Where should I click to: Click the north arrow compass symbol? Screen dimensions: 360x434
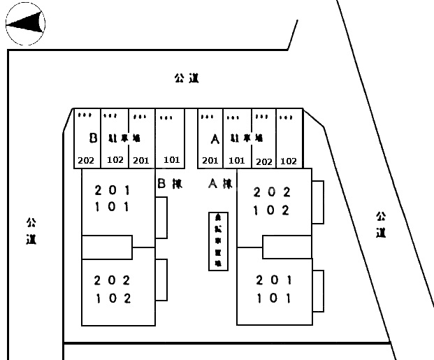tap(26, 27)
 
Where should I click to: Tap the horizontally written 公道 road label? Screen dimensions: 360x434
tap(187, 78)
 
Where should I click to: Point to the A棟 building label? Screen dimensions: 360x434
tap(220, 185)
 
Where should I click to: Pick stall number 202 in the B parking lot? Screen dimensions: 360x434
tap(86, 161)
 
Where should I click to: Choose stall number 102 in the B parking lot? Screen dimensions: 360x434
tap(115, 160)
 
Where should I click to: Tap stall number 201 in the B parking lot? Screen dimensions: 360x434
tap(141, 161)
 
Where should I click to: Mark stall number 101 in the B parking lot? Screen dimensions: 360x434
tap(171, 160)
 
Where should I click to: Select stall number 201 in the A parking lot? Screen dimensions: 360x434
tap(210, 161)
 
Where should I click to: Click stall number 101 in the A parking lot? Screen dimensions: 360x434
tap(237, 161)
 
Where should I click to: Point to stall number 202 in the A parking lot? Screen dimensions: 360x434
tap(263, 161)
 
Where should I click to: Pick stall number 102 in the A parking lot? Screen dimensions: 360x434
tap(288, 161)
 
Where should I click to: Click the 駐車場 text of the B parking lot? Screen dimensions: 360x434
tap(124, 138)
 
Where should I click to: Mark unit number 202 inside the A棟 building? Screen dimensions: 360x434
tap(272, 192)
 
